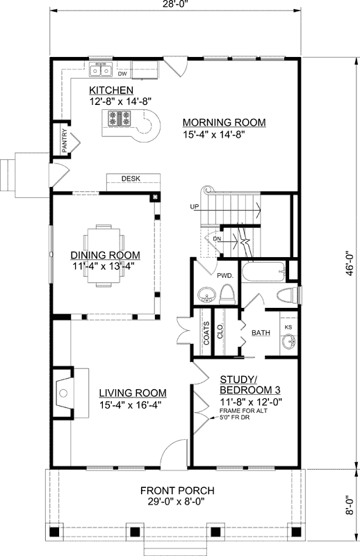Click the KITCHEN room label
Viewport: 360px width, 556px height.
111,90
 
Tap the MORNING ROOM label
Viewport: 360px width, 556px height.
224,122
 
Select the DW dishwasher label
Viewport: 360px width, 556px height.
122,74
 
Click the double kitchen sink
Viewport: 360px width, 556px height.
101,70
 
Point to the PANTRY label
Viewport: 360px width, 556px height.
64,141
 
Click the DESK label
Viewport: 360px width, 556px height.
131,179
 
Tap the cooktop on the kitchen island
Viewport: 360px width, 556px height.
120,118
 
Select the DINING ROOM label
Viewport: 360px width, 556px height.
106,255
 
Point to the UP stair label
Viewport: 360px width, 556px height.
195,206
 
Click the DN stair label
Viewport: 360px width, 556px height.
217,238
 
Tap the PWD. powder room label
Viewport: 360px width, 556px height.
225,275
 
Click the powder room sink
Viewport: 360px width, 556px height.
206,295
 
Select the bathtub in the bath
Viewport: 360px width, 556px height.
263,271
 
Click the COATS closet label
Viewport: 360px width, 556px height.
206,334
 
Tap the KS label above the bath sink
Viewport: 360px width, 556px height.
288,327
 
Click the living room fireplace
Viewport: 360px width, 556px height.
67,393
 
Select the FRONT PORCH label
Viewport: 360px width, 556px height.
177,491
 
